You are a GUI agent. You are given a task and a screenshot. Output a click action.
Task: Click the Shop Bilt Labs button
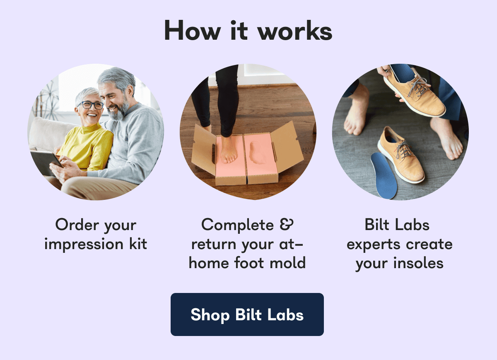point(247,314)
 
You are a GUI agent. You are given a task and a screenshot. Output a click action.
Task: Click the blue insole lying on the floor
point(384,174)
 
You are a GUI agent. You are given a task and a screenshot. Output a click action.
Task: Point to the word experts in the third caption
point(374,244)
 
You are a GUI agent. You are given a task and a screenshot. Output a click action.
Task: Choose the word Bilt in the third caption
point(377,225)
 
